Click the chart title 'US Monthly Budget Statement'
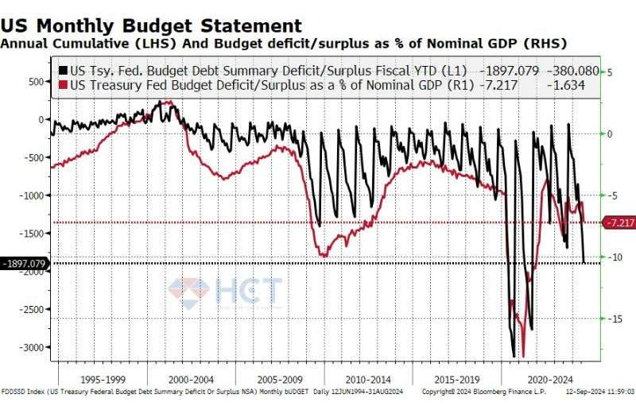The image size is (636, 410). tap(151, 25)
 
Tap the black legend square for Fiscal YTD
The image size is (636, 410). tap(64, 69)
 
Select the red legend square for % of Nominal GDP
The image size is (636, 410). tap(64, 83)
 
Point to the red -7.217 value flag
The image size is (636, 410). tap(619, 222)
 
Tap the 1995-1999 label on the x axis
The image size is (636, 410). tap(103, 381)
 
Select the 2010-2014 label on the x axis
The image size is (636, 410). tap(368, 381)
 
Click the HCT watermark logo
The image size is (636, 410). tap(225, 291)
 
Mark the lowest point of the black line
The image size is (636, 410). tap(514, 357)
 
